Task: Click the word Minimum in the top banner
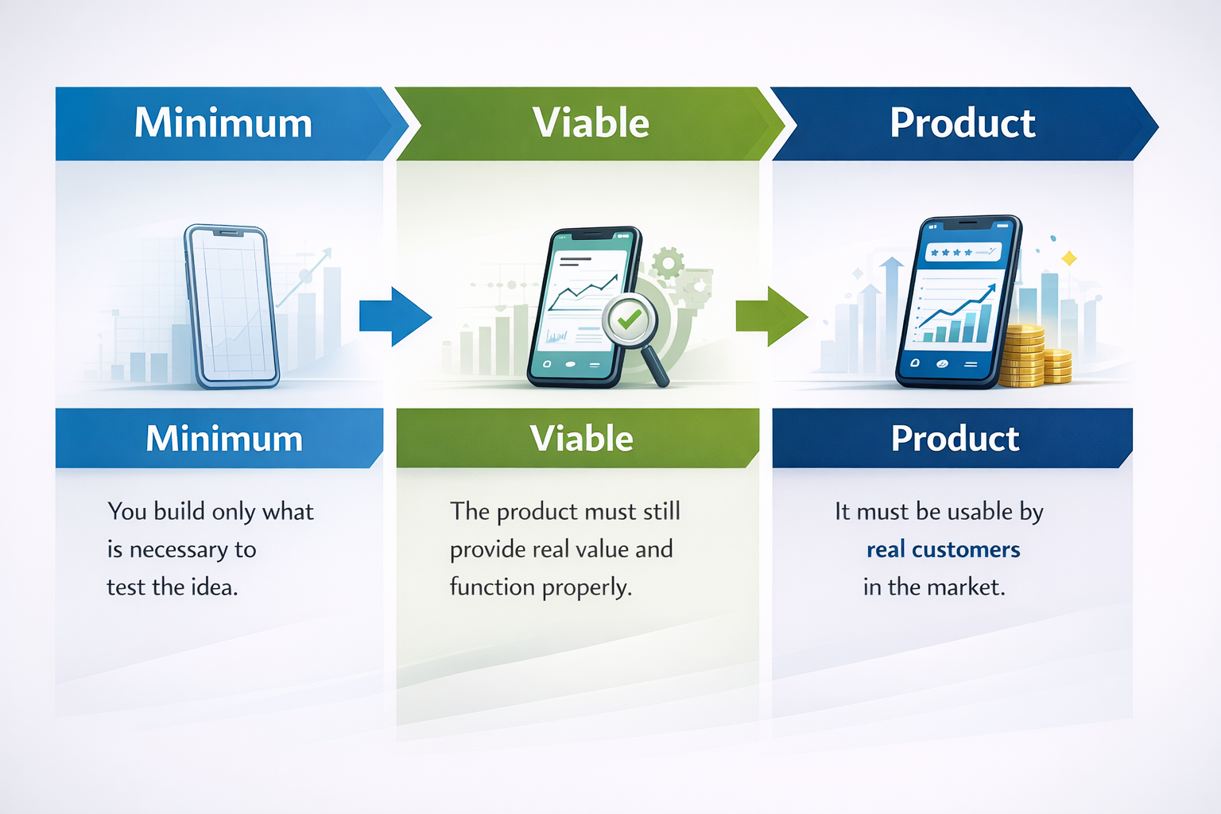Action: coord(223,122)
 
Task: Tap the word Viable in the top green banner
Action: coord(591,122)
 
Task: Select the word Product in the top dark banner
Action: coord(963,122)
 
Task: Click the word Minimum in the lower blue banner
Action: coord(224,438)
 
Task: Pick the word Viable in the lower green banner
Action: coord(582,438)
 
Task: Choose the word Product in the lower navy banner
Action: coord(955,438)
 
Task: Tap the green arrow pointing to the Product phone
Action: coord(772,316)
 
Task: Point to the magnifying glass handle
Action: coord(656,366)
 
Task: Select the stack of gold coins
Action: coord(1033,356)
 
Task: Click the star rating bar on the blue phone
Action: coord(963,253)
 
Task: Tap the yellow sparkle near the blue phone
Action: coord(1069,258)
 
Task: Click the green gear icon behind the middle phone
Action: coord(668,263)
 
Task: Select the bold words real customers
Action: coord(943,549)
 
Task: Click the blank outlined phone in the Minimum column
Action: coord(232,306)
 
